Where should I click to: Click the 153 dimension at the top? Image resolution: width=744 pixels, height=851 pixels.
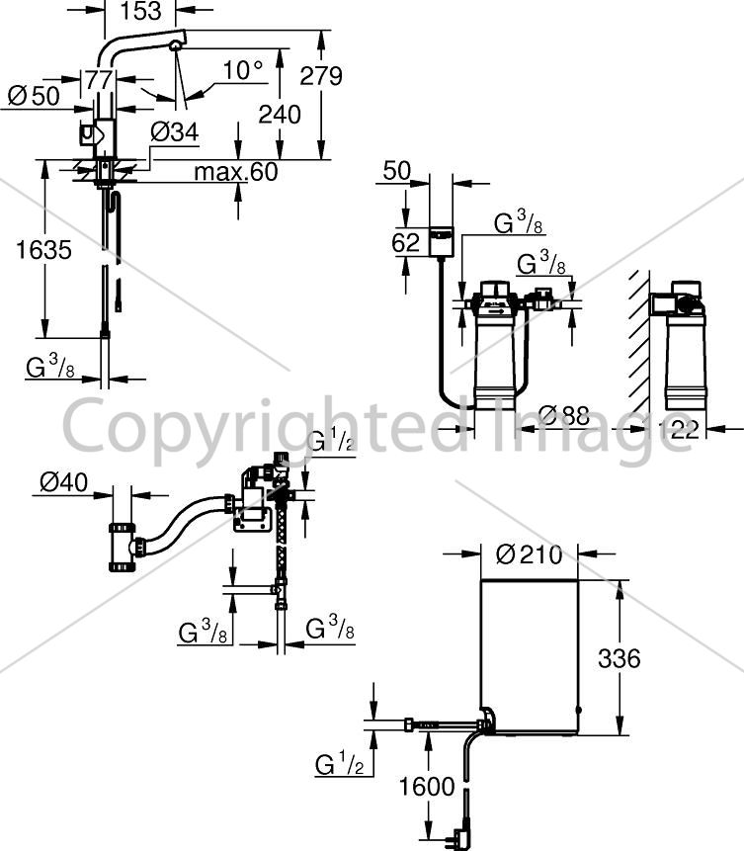click(x=140, y=11)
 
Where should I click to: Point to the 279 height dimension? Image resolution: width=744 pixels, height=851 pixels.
click(x=321, y=76)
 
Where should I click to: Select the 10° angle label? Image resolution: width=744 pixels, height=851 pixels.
click(x=243, y=70)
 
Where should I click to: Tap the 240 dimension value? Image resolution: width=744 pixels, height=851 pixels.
click(x=280, y=115)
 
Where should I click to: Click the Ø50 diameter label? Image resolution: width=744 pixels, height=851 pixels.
click(x=34, y=96)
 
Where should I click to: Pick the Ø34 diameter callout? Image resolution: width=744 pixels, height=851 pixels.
click(x=174, y=131)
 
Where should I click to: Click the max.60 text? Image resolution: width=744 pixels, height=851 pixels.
click(x=236, y=172)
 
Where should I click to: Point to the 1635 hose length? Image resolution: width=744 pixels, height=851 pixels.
click(x=43, y=250)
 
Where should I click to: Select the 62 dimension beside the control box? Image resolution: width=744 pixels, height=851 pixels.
click(x=405, y=242)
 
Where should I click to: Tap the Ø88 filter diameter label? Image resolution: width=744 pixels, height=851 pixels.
click(x=564, y=415)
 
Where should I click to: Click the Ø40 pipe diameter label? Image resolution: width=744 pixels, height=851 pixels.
click(x=63, y=482)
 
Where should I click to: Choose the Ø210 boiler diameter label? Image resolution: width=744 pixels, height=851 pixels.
click(x=530, y=554)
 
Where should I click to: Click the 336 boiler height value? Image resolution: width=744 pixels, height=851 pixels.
click(x=620, y=658)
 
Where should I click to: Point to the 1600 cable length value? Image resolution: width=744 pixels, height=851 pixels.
click(x=427, y=786)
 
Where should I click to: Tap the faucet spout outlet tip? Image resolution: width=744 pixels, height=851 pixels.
click(x=175, y=46)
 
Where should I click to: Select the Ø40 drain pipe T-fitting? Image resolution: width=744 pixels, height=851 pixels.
click(x=123, y=548)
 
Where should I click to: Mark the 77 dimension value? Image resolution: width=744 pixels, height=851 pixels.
click(x=99, y=80)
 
